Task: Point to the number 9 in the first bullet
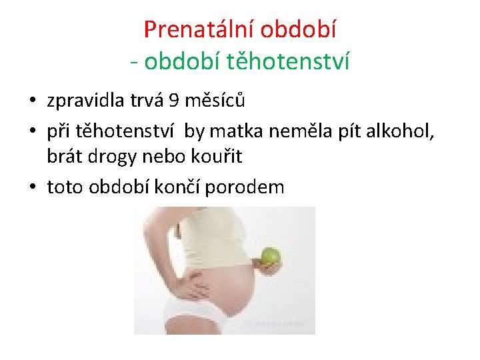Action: (173, 101)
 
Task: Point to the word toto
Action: (65, 187)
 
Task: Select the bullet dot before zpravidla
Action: (32, 102)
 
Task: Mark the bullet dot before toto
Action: (32, 188)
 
